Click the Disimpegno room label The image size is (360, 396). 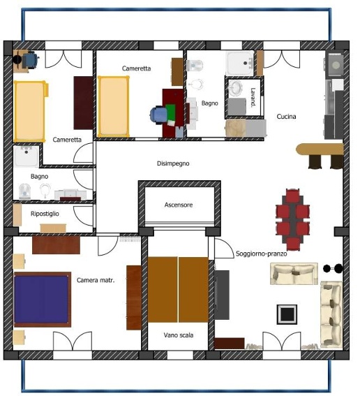tap(173, 163)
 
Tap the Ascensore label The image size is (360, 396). tap(179, 205)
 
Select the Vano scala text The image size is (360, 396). tap(179, 335)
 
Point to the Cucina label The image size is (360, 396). tap(286, 117)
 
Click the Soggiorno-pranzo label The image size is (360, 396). tap(262, 254)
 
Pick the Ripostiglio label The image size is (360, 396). tap(45, 214)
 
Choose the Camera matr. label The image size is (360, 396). tap(96, 280)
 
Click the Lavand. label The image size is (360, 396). tap(253, 96)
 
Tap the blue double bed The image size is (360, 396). tap(43, 300)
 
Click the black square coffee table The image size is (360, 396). tap(287, 314)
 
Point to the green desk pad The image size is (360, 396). tap(170, 112)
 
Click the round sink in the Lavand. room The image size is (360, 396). tap(235, 88)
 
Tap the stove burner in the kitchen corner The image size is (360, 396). tap(336, 65)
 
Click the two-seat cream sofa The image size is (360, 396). tap(294, 274)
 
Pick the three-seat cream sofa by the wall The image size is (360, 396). tap(331, 314)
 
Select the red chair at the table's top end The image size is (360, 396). tap(292, 196)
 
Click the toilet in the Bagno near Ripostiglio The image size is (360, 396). tap(24, 191)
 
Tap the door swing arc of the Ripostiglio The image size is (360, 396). tap(82, 215)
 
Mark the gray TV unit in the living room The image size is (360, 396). tap(222, 295)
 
